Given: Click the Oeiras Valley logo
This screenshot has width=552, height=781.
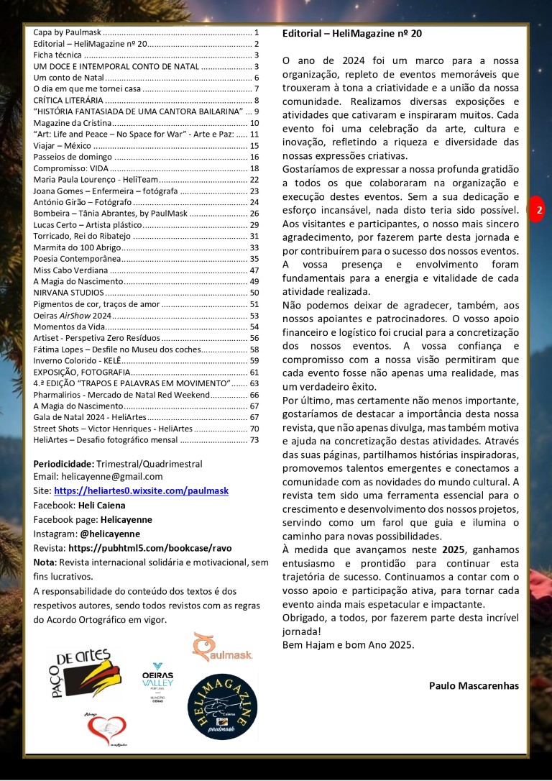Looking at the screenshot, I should click(x=157, y=682).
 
